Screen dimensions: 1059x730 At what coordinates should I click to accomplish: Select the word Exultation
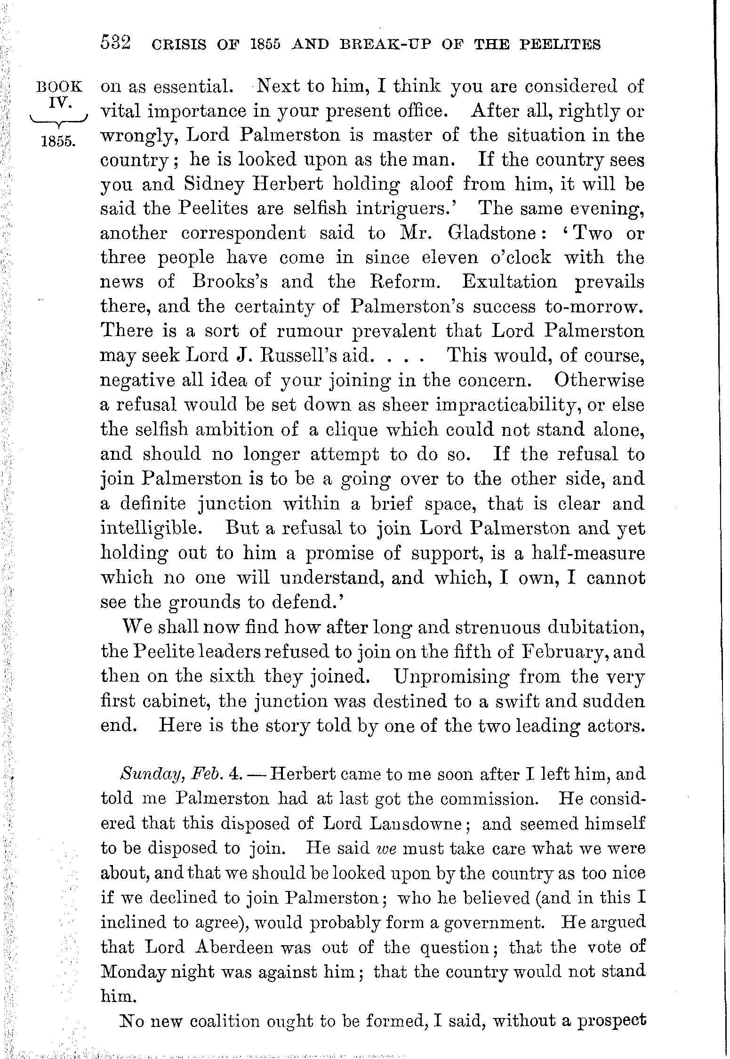coord(509,282)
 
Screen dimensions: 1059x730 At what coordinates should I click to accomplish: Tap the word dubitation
coord(594,627)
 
